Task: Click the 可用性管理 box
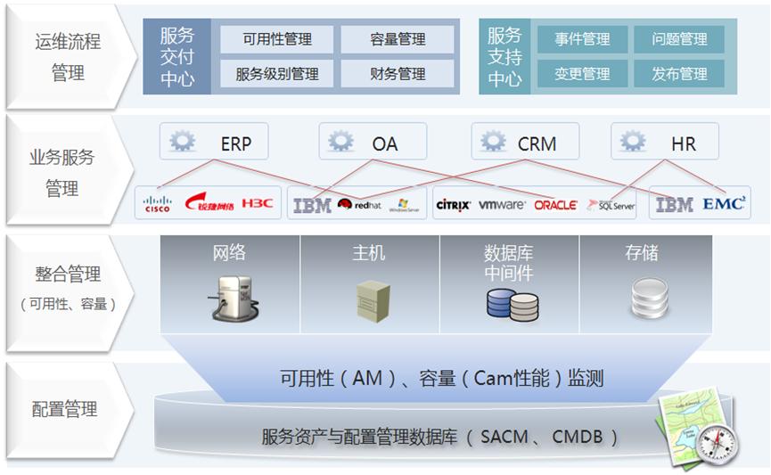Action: tap(277, 39)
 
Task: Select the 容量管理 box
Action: tap(398, 39)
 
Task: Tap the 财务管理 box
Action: tap(398, 74)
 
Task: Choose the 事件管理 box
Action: tap(582, 39)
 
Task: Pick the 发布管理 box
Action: tap(679, 74)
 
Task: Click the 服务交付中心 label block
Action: tap(176, 56)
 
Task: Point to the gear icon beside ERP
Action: tap(183, 142)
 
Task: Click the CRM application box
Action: tap(525, 142)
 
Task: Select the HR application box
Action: tap(665, 142)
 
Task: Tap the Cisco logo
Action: tap(158, 205)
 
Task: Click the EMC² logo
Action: tap(723, 204)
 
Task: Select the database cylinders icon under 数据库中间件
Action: tap(512, 302)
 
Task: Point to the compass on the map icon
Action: tap(718, 440)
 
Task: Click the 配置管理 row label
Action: tap(65, 410)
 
